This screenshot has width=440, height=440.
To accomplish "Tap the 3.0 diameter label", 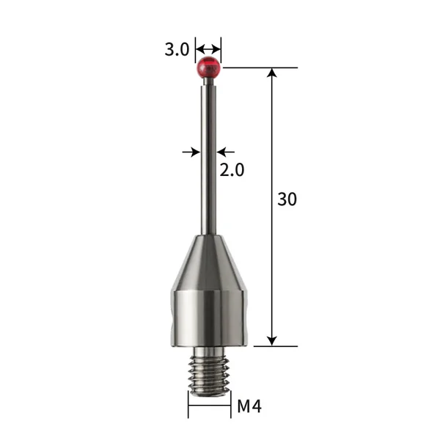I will click(x=177, y=50).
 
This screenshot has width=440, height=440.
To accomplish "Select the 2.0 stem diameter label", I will click(x=232, y=170).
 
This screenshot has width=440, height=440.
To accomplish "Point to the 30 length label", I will click(x=287, y=199).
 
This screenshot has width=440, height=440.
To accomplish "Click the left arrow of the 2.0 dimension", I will click(x=194, y=152).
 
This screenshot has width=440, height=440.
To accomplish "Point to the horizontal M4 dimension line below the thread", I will click(x=208, y=406).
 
